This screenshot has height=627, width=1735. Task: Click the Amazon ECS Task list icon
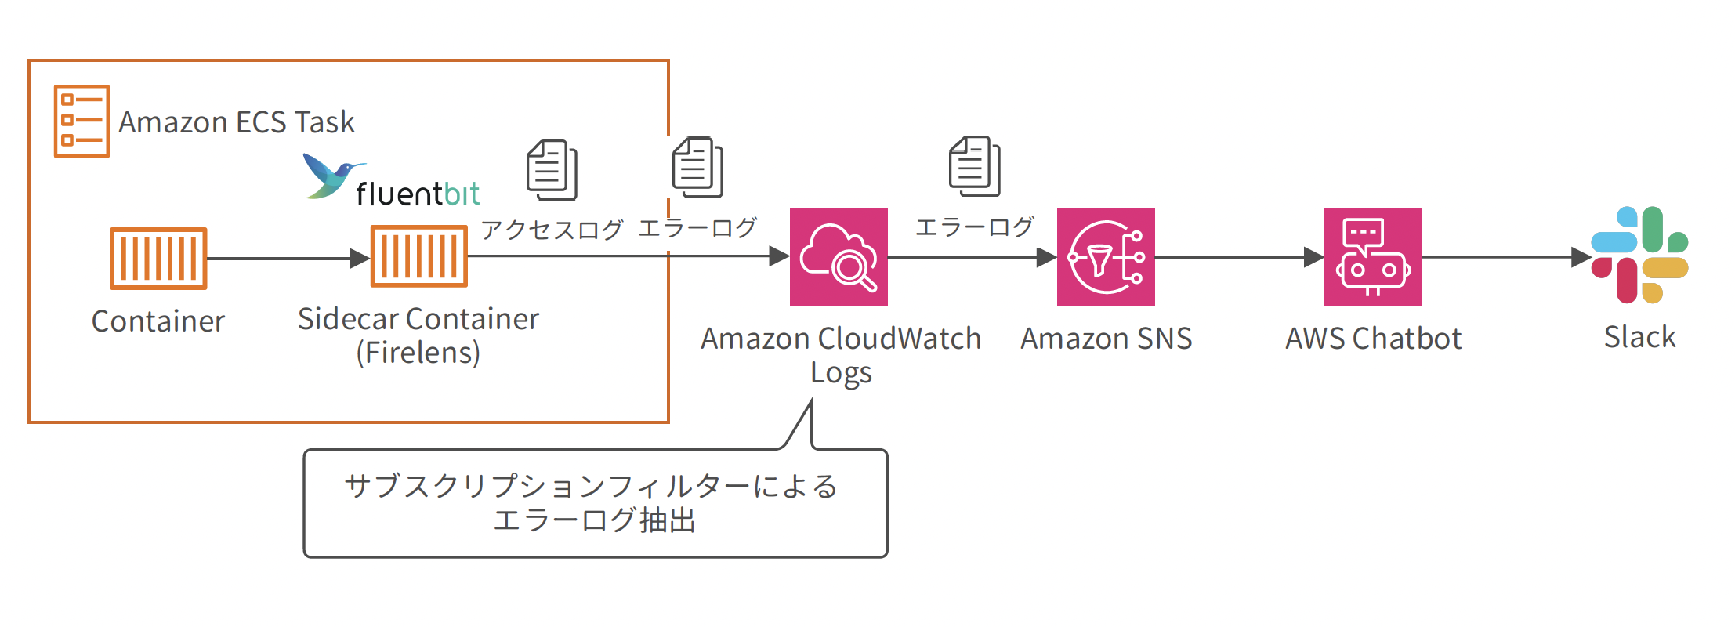[81, 121]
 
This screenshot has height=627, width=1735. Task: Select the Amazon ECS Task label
[236, 122]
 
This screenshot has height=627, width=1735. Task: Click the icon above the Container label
[158, 258]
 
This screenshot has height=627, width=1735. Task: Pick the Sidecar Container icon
[418, 256]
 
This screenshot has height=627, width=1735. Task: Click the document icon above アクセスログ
[552, 169]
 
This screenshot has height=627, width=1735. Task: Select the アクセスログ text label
[552, 229]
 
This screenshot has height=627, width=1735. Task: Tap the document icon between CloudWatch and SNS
[974, 165]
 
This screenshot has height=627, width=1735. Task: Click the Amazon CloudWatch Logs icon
[839, 257]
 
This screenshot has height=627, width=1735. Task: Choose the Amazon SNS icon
[1106, 257]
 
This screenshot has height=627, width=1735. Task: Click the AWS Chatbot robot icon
[1373, 257]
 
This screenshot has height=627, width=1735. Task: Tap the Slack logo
[1639, 256]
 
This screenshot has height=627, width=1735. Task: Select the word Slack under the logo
[1639, 337]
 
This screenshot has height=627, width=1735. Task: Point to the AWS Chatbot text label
[1373, 339]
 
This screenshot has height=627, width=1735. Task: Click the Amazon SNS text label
[1106, 339]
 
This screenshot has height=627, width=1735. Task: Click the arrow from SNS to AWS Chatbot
[1238, 257]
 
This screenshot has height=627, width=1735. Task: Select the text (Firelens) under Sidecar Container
[418, 353]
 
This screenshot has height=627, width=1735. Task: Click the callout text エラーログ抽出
[594, 520]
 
